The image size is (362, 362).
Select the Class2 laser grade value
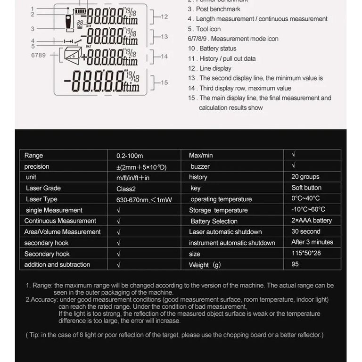tap(126, 189)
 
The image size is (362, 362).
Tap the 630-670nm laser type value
tap(144, 200)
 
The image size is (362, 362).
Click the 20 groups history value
tap(305, 177)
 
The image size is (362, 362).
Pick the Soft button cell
tap(306, 188)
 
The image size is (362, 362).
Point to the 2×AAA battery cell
tap(312, 221)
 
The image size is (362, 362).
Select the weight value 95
tap(295, 264)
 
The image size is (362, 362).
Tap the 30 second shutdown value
tap(305, 231)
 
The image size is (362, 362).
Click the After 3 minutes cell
tap(312, 242)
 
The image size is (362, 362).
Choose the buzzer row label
tap(200, 166)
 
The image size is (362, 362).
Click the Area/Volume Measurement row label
tap(62, 232)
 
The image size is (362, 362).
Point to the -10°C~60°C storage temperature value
tap(308, 210)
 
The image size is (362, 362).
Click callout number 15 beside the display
tap(164, 83)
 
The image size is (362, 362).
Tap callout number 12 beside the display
tap(164, 16)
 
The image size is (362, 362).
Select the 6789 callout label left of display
tap(38, 56)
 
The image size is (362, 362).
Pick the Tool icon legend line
tap(204, 29)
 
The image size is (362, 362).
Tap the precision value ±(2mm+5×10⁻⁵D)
tap(141, 167)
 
